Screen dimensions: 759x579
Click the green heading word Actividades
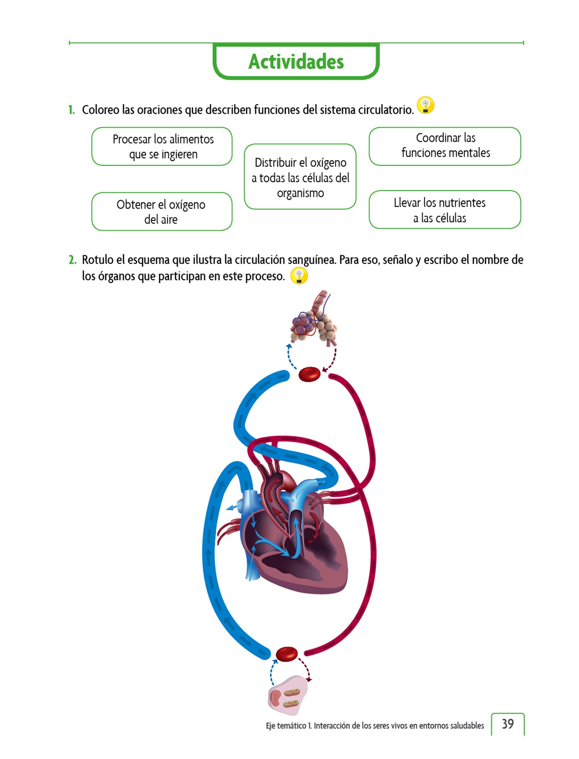point(296,62)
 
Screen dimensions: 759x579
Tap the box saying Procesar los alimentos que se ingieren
point(162,146)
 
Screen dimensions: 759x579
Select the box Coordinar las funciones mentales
point(445,146)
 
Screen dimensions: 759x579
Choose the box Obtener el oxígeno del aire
point(162,212)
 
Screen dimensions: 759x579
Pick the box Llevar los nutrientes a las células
point(445,210)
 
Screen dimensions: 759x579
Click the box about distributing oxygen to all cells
point(300,177)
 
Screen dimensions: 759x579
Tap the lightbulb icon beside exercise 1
point(425,105)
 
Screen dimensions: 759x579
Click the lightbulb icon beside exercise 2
point(299,276)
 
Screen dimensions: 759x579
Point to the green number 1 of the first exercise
point(71,110)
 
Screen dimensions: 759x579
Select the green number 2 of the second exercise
point(72,260)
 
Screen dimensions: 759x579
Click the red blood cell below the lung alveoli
point(309,374)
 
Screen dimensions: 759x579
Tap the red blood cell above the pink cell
point(287,654)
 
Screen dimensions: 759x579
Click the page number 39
point(508,724)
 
